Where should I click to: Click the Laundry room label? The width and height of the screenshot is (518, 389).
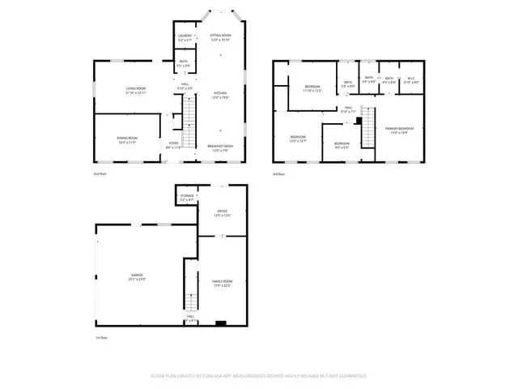tap(185, 38)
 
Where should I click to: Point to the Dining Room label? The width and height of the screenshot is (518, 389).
tap(128, 139)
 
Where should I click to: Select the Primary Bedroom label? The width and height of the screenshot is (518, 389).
tap(401, 130)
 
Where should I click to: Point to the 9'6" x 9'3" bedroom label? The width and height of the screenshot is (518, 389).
tap(342, 146)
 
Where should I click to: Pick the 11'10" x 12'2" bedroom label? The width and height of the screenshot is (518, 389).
tap(313, 88)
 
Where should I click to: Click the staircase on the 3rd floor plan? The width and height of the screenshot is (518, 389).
tap(370, 126)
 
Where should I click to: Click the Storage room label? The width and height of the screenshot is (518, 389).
tap(187, 198)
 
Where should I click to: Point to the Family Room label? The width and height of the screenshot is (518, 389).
tap(222, 283)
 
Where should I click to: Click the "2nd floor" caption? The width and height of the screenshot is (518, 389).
tap(100, 173)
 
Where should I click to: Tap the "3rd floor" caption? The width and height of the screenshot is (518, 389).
tap(278, 173)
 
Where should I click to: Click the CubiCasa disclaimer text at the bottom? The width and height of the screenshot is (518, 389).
tap(258, 376)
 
